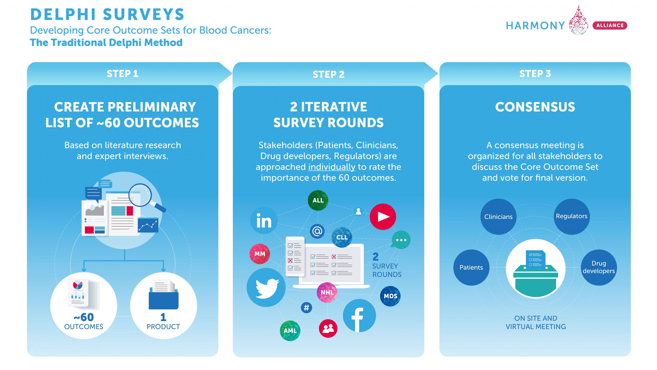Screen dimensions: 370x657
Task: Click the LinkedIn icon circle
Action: pos(264,221)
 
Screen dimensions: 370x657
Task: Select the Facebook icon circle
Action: pos(359,316)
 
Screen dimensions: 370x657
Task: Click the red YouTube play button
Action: pos(383,217)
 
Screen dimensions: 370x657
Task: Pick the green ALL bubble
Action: pos(318,200)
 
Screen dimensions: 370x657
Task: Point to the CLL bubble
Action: pos(342,237)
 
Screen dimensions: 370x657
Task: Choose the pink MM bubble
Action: pos(260,254)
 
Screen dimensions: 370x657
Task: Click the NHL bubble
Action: pos(327,292)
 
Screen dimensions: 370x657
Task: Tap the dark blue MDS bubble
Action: pos(390,296)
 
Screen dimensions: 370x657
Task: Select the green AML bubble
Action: pos(290,331)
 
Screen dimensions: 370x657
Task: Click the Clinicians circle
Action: pos(498,217)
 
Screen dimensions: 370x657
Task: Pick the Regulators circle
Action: pos(572,216)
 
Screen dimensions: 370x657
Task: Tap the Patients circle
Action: pos(471,267)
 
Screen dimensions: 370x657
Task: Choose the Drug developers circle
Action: pos(599,267)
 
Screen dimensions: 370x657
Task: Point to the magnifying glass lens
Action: pos(140,195)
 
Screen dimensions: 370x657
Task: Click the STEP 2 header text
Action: pos(328,74)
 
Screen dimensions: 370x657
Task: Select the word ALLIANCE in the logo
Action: pos(610,26)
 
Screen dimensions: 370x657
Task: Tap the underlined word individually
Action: pos(332,167)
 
